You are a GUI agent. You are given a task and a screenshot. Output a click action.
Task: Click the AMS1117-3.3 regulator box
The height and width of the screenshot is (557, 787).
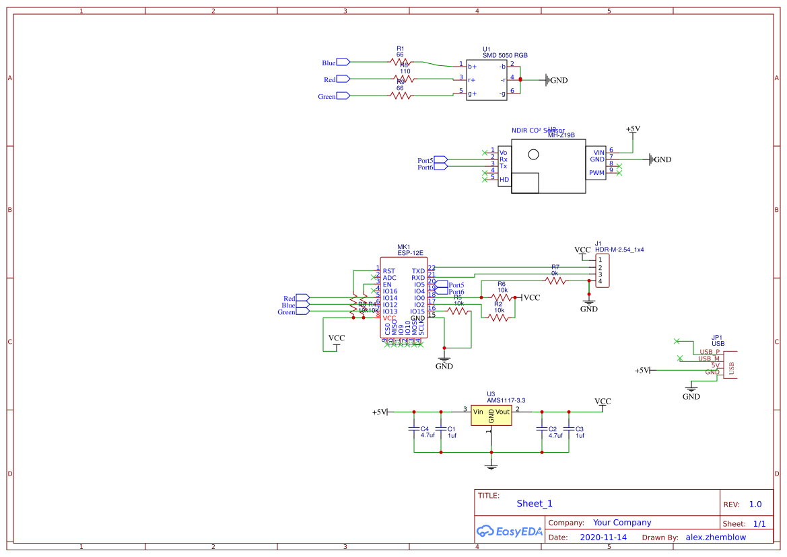coord(491,415)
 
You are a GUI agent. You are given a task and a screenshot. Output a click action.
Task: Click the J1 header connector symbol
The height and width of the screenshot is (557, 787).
coord(603,270)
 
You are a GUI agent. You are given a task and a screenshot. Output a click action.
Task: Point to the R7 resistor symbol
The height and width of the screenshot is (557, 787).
coord(555,282)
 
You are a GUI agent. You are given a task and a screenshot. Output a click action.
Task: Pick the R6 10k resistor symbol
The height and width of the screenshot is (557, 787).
coord(502,297)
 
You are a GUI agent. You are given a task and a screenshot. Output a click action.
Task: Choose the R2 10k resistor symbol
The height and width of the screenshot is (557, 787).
coord(498,318)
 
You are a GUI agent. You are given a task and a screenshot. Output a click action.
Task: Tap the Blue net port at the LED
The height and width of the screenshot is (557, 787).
coord(343,63)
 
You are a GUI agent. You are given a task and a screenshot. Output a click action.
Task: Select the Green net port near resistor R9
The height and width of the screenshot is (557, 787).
coord(343,96)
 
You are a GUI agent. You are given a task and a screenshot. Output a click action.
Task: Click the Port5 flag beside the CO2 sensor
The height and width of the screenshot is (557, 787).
coord(440,160)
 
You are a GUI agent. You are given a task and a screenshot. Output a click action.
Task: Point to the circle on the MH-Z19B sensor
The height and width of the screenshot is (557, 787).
coord(534,154)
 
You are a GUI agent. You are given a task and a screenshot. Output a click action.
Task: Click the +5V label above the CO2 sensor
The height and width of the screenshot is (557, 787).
coord(633,128)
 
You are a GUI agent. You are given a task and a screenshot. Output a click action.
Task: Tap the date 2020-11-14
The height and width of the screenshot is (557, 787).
coord(603,537)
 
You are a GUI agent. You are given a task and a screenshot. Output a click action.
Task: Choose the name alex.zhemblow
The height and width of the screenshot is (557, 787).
coord(716,537)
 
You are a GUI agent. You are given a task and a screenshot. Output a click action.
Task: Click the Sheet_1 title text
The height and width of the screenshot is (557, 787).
coord(535,503)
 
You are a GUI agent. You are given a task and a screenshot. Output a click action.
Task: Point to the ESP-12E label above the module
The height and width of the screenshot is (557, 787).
coord(410,253)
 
